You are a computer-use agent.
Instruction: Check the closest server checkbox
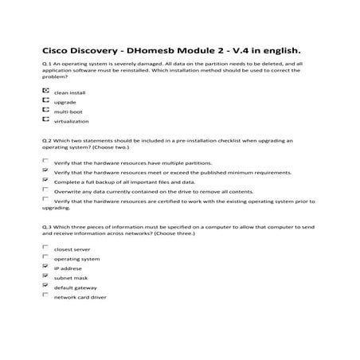[x=45, y=248]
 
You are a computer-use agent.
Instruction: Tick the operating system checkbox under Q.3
[x=45, y=257]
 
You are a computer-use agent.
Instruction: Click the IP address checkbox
[x=45, y=267]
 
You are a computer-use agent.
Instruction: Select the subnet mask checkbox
[x=45, y=276]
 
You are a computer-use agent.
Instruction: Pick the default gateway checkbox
[x=45, y=286]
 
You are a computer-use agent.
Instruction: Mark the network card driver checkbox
[x=45, y=295]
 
